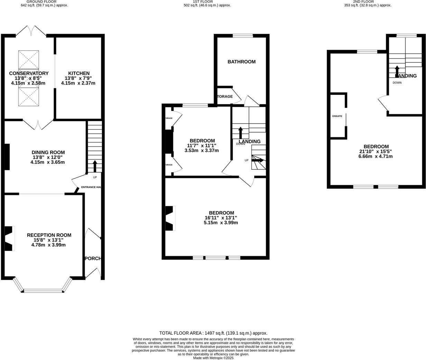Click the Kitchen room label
click(x=79, y=73)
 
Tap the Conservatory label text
click(x=29, y=73)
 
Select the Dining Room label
click(x=48, y=152)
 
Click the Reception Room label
click(x=49, y=235)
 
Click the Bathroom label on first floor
click(x=241, y=62)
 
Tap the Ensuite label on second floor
click(x=337, y=116)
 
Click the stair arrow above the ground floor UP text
click(x=95, y=166)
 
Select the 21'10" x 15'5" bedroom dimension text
click(x=376, y=151)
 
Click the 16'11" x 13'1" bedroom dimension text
click(x=221, y=218)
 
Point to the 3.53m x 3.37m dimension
click(x=202, y=151)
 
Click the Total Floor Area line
click(x=213, y=333)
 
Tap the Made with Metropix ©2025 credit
click(x=213, y=358)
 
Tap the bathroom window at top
click(x=242, y=35)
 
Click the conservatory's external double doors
click(x=31, y=31)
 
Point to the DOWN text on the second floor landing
click(x=397, y=83)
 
